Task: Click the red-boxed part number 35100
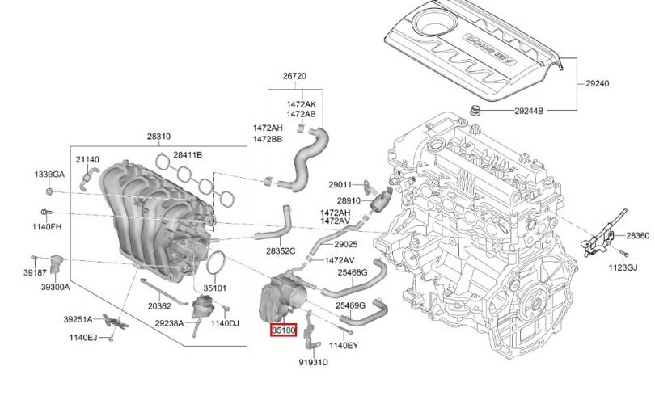[x=284, y=330]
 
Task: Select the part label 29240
[x=597, y=83]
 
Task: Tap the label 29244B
[x=529, y=111]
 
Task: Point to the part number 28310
[x=158, y=137]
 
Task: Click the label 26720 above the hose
[x=294, y=76]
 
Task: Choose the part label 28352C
[x=281, y=251]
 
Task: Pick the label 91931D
[x=313, y=362]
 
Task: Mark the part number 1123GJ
[x=623, y=267]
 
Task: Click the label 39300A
[x=56, y=287]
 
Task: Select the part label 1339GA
[x=49, y=175]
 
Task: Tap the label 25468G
[x=353, y=273]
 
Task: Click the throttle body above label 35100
[x=284, y=297]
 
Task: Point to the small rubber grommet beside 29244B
[x=475, y=112]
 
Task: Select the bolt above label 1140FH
[x=46, y=212]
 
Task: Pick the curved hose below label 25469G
[x=363, y=314]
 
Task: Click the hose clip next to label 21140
[x=87, y=178]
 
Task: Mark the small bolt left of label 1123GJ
[x=623, y=253]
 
